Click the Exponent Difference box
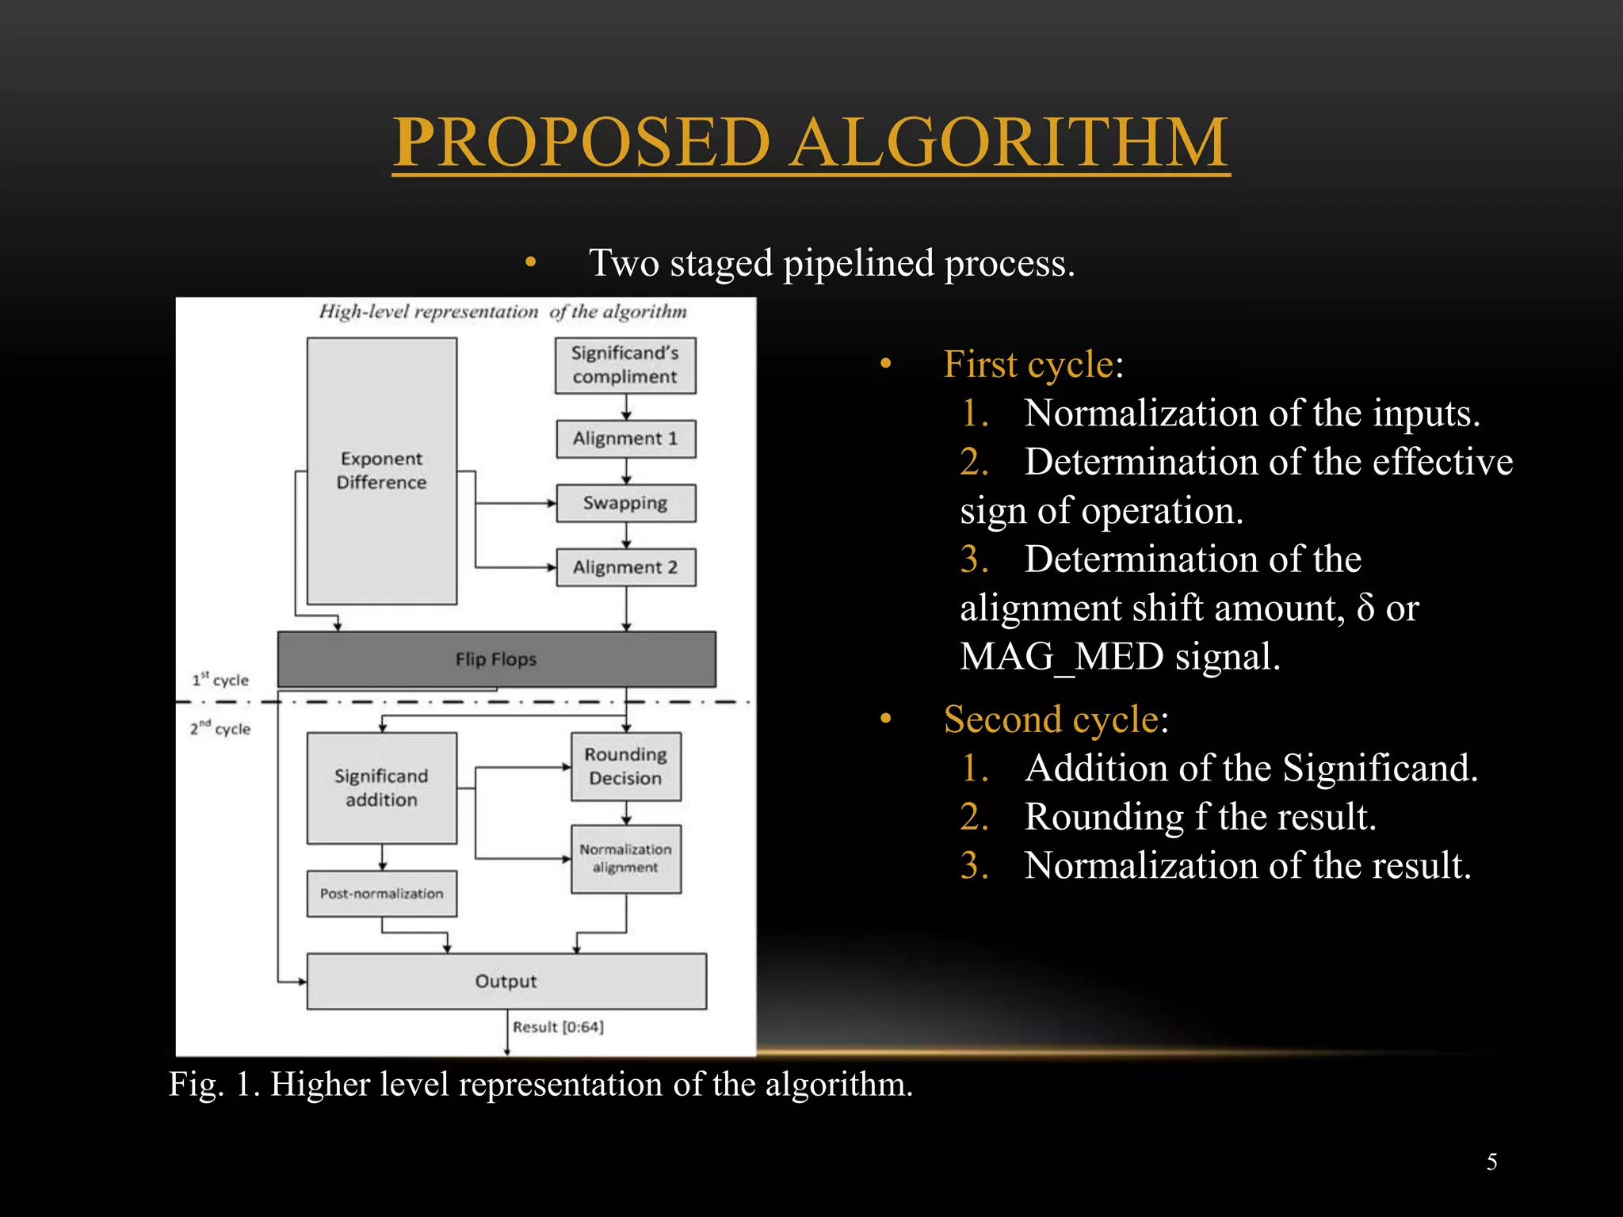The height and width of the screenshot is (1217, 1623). [x=381, y=471]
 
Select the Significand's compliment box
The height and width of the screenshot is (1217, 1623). [x=625, y=365]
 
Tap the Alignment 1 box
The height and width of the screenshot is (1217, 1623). [x=625, y=439]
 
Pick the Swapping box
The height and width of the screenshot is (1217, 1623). [x=625, y=503]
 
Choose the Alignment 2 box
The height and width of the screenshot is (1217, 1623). [x=625, y=567]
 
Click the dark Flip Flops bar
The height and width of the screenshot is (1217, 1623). [x=496, y=659]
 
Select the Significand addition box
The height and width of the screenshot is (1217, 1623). [x=381, y=788]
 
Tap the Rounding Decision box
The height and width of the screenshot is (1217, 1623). [x=625, y=766]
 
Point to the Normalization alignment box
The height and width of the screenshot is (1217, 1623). [x=625, y=859]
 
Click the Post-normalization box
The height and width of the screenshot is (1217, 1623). [x=381, y=894]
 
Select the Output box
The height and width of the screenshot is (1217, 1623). [x=506, y=981]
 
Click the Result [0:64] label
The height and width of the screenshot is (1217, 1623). [x=558, y=1027]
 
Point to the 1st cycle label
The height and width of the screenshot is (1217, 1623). [x=220, y=680]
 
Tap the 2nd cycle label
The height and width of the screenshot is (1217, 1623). [x=220, y=728]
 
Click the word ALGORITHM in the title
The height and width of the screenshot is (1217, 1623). [x=1010, y=143]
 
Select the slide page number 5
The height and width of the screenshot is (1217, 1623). [x=1491, y=1162]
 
